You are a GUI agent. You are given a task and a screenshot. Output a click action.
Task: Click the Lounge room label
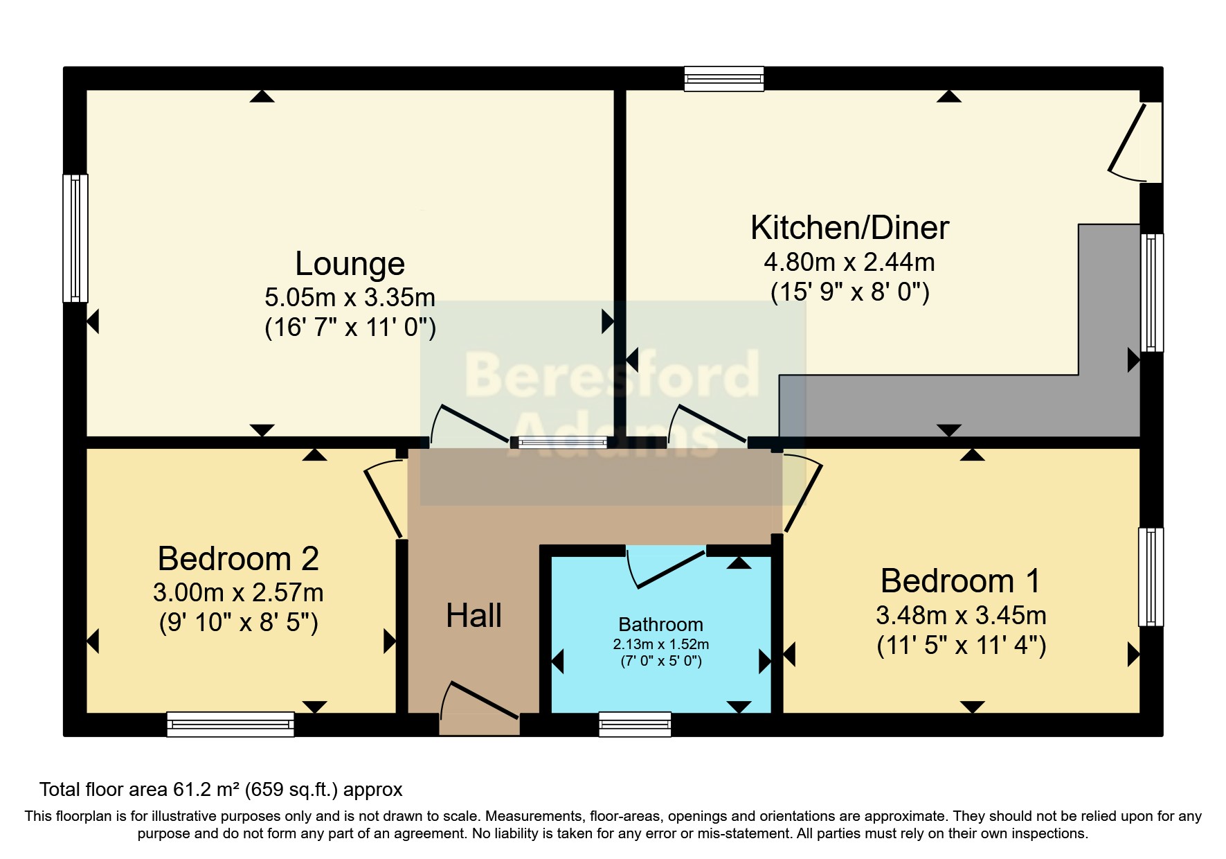[x=350, y=264]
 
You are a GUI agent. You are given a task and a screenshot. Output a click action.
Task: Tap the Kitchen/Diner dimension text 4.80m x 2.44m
[x=849, y=263]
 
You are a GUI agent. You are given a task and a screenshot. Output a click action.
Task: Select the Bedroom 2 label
[x=238, y=558]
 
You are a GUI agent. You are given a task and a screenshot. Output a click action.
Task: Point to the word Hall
[x=474, y=615]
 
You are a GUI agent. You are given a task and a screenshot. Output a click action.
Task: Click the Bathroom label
[x=660, y=625]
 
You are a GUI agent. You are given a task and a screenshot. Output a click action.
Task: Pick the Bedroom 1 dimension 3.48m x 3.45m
[x=961, y=615]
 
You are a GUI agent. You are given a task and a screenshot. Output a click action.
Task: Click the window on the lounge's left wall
[x=75, y=238]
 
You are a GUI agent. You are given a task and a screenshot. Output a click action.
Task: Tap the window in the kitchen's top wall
[x=724, y=79]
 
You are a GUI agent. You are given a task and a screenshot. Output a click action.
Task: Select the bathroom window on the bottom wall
[x=635, y=724]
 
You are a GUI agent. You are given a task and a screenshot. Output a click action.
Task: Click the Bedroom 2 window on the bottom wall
[x=231, y=724]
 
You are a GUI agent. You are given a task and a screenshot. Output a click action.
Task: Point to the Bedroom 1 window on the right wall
[x=1151, y=577]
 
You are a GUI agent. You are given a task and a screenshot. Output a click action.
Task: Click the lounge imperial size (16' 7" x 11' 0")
[x=350, y=327]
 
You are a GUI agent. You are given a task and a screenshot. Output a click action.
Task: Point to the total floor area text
[x=221, y=790]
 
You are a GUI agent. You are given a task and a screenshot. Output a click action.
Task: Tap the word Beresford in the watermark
[x=613, y=375]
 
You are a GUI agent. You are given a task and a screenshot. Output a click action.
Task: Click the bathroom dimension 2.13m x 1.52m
[x=660, y=644]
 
